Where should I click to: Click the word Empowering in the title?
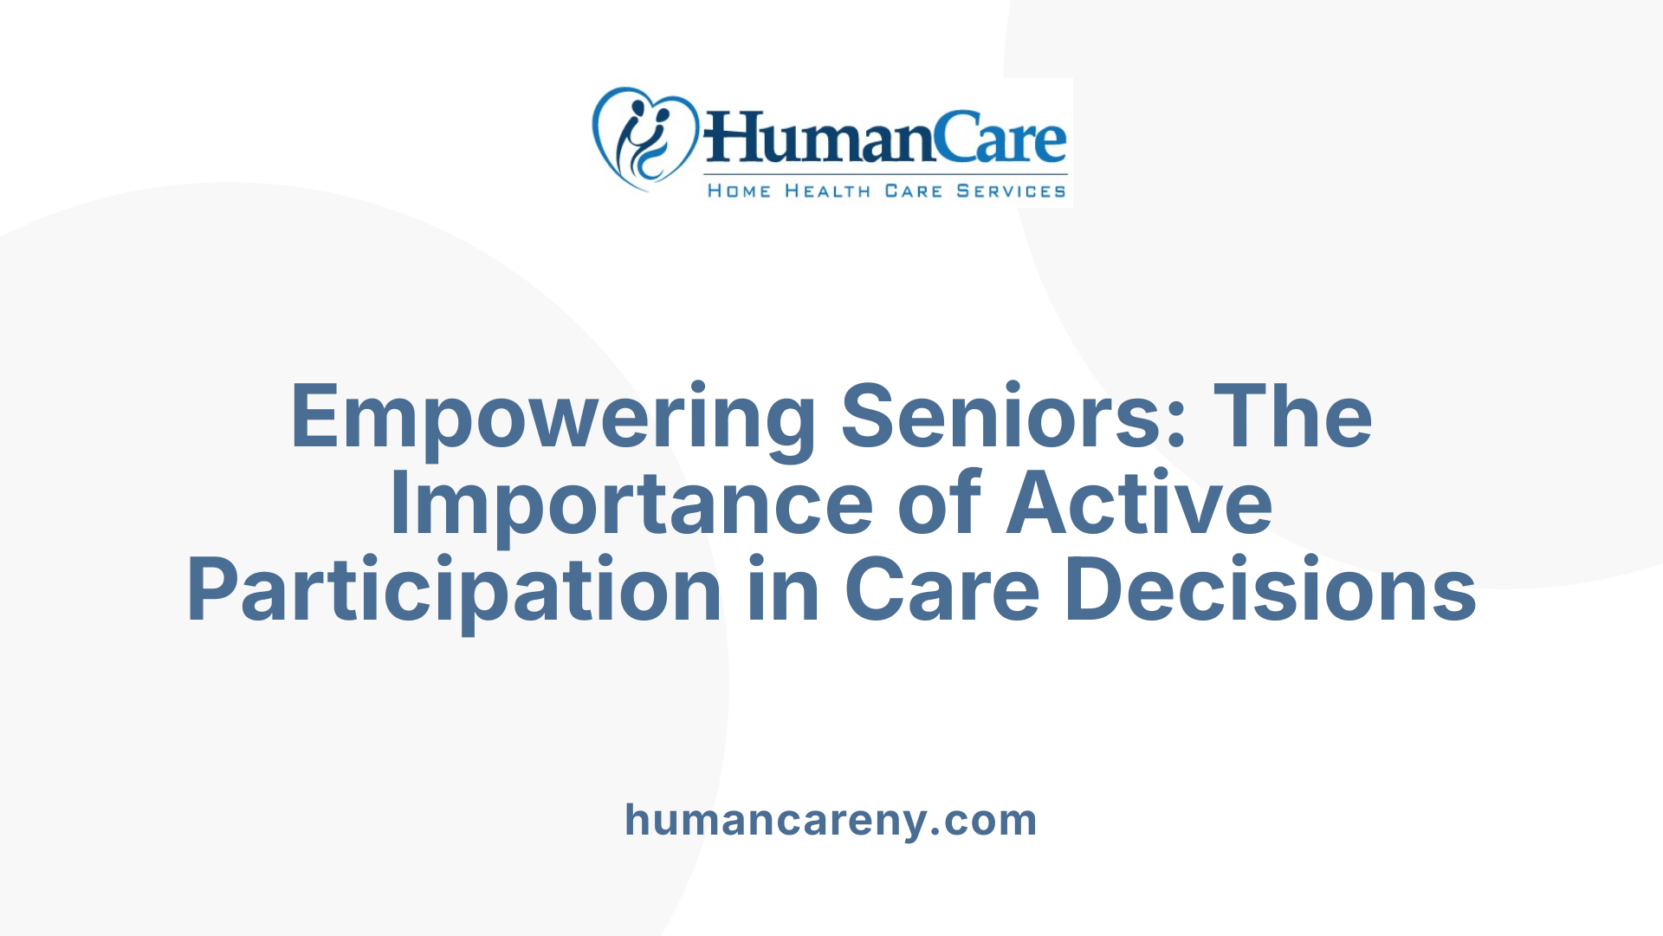pos(553,418)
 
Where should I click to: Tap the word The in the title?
pos(1292,418)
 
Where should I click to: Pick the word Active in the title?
pos(1139,504)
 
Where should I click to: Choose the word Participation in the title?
pos(454,591)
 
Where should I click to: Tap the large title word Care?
pos(942,591)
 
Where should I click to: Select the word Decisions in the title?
pos(1270,591)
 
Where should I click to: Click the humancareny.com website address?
pos(831,820)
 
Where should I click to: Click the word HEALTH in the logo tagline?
pos(827,192)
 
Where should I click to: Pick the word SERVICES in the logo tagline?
pos(1011,192)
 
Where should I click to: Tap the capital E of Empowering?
pos(313,418)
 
